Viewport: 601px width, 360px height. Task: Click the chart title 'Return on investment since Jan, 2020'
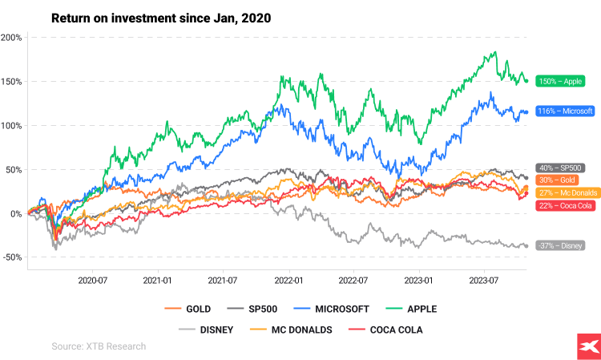[161, 18]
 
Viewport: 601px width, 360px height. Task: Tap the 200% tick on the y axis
[11, 38]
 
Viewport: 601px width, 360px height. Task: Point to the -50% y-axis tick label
[11, 257]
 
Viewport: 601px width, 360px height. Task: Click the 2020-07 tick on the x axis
[92, 281]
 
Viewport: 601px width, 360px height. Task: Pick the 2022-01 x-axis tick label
[288, 281]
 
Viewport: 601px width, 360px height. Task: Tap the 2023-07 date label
[483, 281]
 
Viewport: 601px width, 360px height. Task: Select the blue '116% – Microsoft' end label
[565, 111]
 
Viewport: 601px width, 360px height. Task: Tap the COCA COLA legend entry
[390, 329]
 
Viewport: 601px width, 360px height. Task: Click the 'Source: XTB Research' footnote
[99, 346]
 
